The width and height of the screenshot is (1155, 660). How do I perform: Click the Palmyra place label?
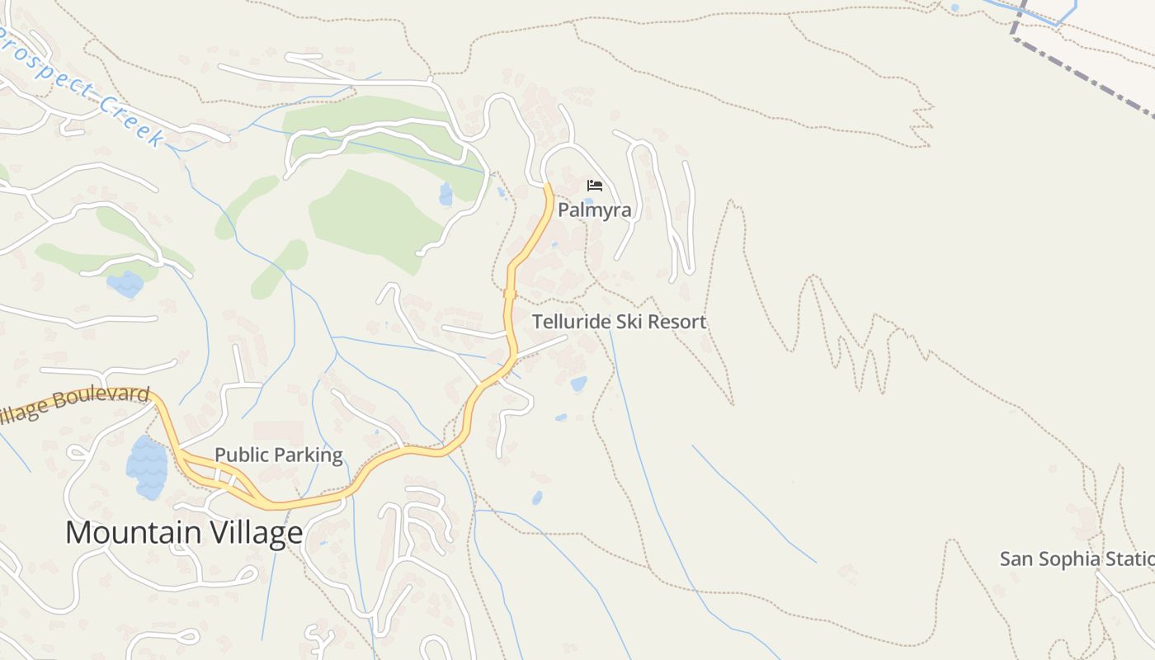click(x=594, y=210)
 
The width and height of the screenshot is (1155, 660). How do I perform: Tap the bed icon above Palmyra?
click(x=594, y=186)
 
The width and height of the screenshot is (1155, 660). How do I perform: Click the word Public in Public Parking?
click(x=243, y=455)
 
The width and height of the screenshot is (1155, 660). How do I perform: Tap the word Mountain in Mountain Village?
click(x=132, y=533)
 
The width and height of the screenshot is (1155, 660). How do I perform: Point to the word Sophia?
click(x=1065, y=559)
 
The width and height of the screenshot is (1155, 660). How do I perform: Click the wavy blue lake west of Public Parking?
click(x=147, y=468)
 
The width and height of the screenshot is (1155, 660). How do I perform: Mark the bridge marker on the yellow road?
click(x=509, y=294)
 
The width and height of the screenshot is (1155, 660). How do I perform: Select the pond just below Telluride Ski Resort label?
click(x=579, y=384)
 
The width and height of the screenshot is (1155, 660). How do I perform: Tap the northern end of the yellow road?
click(x=547, y=187)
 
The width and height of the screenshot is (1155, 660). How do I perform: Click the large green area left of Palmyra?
click(x=371, y=219)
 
